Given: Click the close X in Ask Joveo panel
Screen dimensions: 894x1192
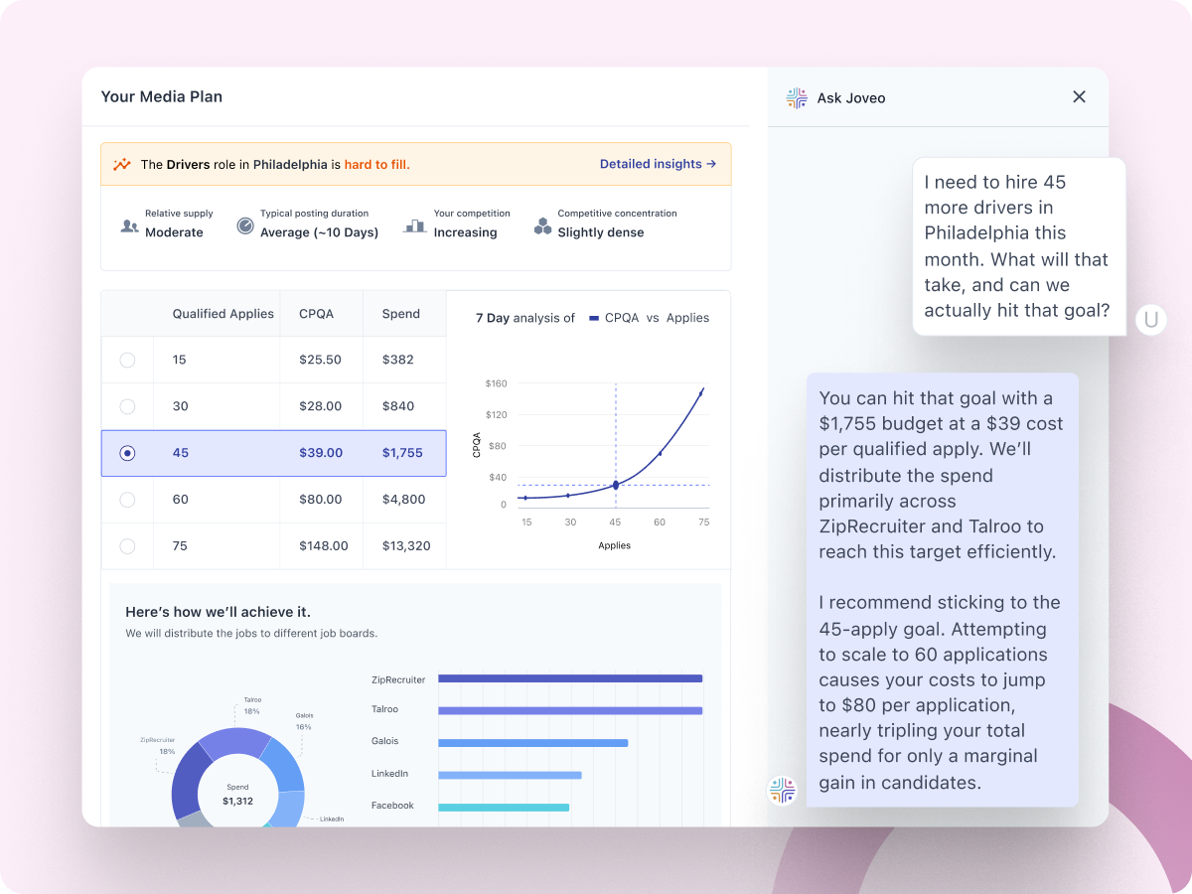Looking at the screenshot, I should (x=1079, y=97).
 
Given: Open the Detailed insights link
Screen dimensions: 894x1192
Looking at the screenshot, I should (x=658, y=164).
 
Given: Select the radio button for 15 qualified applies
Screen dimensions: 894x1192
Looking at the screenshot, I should (x=127, y=360).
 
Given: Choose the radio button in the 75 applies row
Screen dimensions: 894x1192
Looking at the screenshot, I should (x=127, y=545).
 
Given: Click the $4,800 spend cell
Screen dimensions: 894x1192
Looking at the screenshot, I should (x=403, y=500).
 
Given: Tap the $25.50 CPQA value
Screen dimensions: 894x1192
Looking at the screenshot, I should (x=320, y=360).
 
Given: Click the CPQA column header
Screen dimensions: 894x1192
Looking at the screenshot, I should (x=316, y=314).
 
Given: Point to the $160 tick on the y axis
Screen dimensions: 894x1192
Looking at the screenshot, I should (x=496, y=383).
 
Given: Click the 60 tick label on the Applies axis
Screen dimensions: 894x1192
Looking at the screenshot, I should (x=660, y=521).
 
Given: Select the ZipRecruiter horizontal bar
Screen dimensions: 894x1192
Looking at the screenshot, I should (x=569, y=678).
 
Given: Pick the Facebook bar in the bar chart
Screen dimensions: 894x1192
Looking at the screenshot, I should (x=504, y=807).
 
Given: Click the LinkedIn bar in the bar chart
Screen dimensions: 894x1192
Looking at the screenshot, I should (x=510, y=775).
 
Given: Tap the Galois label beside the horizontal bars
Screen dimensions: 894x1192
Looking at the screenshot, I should (x=384, y=741).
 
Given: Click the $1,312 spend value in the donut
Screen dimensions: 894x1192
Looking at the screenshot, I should (x=237, y=801).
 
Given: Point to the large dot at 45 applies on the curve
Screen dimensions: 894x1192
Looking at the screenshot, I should (x=615, y=485).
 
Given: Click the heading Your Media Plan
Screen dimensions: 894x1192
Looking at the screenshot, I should (x=162, y=97).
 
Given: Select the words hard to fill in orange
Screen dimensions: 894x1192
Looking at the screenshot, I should (x=376, y=165).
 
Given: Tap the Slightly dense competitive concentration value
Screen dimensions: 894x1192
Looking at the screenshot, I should (x=600, y=232).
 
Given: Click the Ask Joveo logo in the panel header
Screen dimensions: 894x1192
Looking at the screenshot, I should (x=797, y=97).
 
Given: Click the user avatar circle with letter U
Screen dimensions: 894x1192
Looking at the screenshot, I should (x=1151, y=319).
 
